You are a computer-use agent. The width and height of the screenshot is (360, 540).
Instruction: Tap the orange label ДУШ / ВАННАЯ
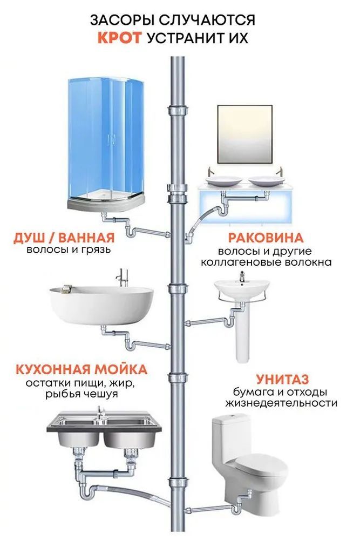(x=64, y=238)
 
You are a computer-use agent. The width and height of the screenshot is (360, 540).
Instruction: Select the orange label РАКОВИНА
(x=265, y=238)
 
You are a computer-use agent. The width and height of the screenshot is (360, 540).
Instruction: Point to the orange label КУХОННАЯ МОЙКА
(x=81, y=370)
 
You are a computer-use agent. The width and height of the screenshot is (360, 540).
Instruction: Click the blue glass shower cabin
(x=105, y=140)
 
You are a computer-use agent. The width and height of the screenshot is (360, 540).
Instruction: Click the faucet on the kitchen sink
(x=100, y=413)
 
